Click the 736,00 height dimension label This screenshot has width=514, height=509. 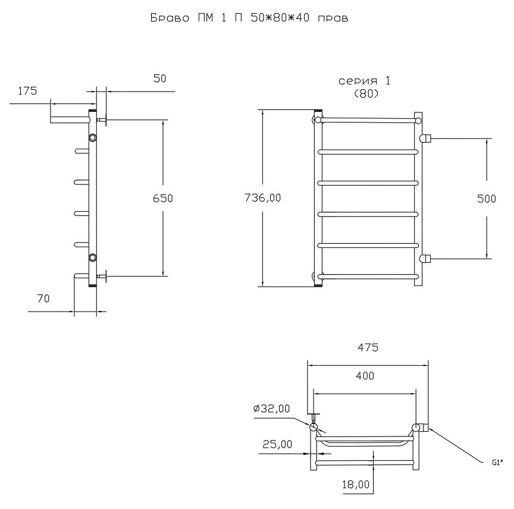262,198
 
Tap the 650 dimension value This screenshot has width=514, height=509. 163,199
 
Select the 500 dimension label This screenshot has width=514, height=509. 487,199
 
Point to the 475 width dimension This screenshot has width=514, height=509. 368,347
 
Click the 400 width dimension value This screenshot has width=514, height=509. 365,376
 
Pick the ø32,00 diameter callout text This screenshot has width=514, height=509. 272,409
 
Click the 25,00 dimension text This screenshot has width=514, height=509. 277,444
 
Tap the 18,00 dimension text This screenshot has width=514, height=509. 356,485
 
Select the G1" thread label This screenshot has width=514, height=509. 497,463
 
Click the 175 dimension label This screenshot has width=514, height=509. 27,91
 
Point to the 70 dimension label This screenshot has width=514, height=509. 43,299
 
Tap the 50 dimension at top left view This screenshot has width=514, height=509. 159,78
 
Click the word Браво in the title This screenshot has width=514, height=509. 170,18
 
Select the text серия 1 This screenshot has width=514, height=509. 364,81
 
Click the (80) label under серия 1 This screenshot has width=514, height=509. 366,94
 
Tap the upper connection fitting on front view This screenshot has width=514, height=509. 425,139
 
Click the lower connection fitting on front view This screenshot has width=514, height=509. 425,259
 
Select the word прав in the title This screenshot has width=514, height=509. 333,18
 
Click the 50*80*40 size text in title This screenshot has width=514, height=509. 280,18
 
